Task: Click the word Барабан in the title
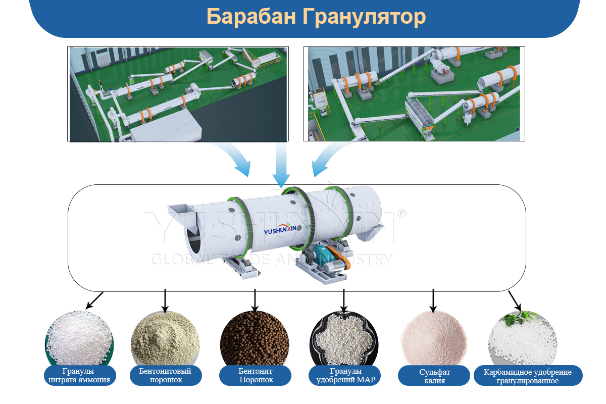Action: [x=251, y=17]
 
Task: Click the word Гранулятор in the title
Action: [x=364, y=17]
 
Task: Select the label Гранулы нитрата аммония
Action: [x=80, y=376]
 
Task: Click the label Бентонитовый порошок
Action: [x=166, y=376]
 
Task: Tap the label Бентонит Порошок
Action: [x=255, y=376]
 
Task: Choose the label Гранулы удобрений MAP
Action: [x=344, y=376]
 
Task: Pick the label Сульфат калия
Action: [x=434, y=376]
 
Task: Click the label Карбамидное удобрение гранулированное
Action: [x=528, y=376]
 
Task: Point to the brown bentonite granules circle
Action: [x=255, y=339]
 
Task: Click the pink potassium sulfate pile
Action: [x=434, y=339]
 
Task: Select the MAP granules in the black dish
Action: [x=344, y=339]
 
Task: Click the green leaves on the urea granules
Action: [x=518, y=318]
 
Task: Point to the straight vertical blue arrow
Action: [x=281, y=165]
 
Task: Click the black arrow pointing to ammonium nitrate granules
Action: [x=94, y=300]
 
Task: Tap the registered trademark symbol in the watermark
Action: [x=402, y=214]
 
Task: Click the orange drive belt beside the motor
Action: [x=339, y=257]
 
